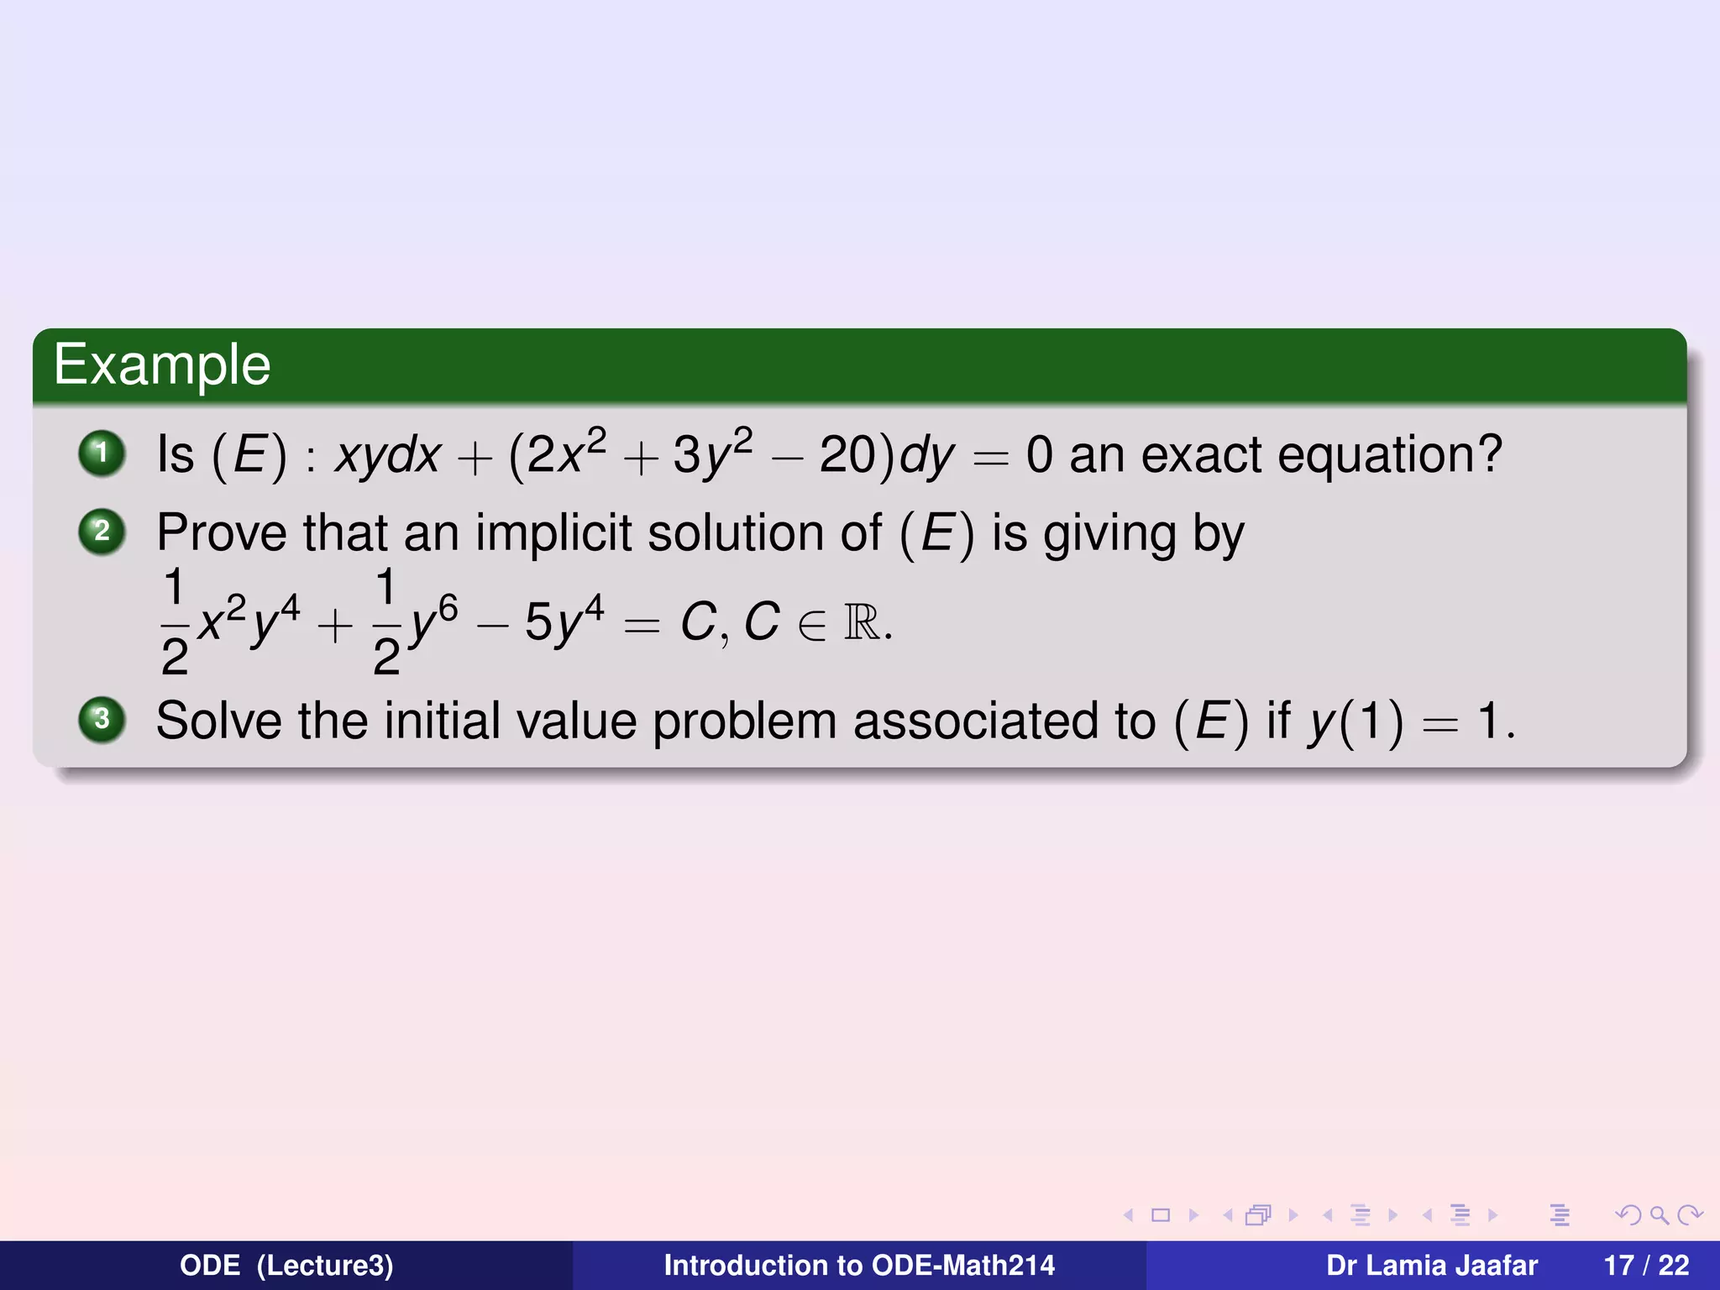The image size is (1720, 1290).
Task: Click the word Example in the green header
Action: [162, 364]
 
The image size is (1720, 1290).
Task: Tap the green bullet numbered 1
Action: [102, 454]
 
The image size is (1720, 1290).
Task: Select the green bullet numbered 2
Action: [102, 532]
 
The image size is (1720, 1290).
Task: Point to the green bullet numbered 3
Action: [102, 720]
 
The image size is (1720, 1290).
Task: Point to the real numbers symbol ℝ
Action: [862, 622]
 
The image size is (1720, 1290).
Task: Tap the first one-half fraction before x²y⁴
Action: [174, 622]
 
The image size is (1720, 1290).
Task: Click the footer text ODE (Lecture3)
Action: [286, 1266]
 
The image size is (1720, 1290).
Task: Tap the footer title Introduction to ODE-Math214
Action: [859, 1266]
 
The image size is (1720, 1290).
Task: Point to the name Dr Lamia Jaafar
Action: [1431, 1266]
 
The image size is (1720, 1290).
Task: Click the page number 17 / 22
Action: [1646, 1266]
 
